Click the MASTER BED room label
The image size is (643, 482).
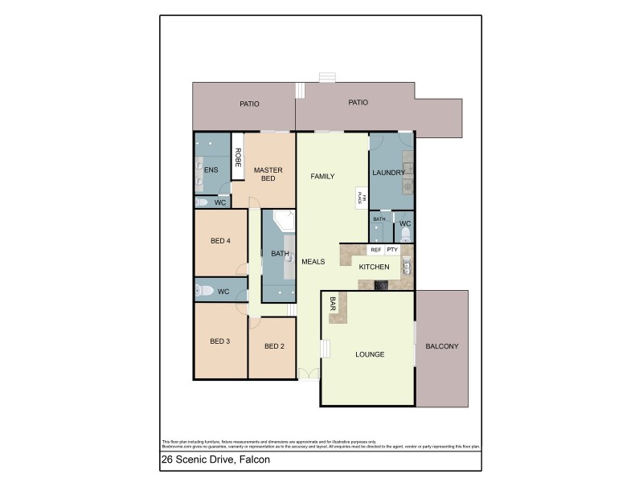click(x=265, y=174)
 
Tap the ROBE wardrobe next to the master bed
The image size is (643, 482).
click(x=238, y=157)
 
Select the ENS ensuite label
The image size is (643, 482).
click(x=211, y=170)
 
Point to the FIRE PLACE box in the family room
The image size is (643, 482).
click(x=362, y=198)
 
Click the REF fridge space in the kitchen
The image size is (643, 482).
click(x=375, y=250)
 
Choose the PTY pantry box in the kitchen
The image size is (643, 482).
click(x=392, y=250)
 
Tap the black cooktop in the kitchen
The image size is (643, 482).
click(x=381, y=285)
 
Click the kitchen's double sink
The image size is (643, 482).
click(x=407, y=265)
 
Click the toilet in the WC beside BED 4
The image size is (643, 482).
click(x=203, y=291)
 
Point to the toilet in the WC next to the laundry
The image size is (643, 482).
click(x=405, y=234)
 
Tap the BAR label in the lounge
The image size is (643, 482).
click(x=333, y=304)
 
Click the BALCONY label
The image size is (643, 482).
click(x=441, y=347)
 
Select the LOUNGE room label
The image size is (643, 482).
click(x=370, y=354)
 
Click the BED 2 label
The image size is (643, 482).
click(x=274, y=346)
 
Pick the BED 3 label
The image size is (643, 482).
click(x=220, y=341)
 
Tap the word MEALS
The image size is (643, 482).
click(x=313, y=261)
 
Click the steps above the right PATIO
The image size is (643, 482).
click(x=326, y=77)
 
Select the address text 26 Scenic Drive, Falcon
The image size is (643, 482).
click(x=215, y=460)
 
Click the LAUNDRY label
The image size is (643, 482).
click(x=388, y=173)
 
